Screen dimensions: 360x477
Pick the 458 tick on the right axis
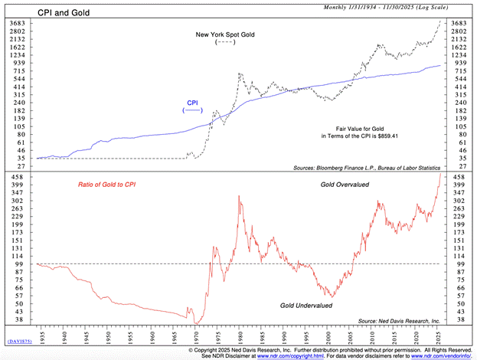[x=461, y=176]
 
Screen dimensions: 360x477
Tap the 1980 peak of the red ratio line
[x=240, y=196]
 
